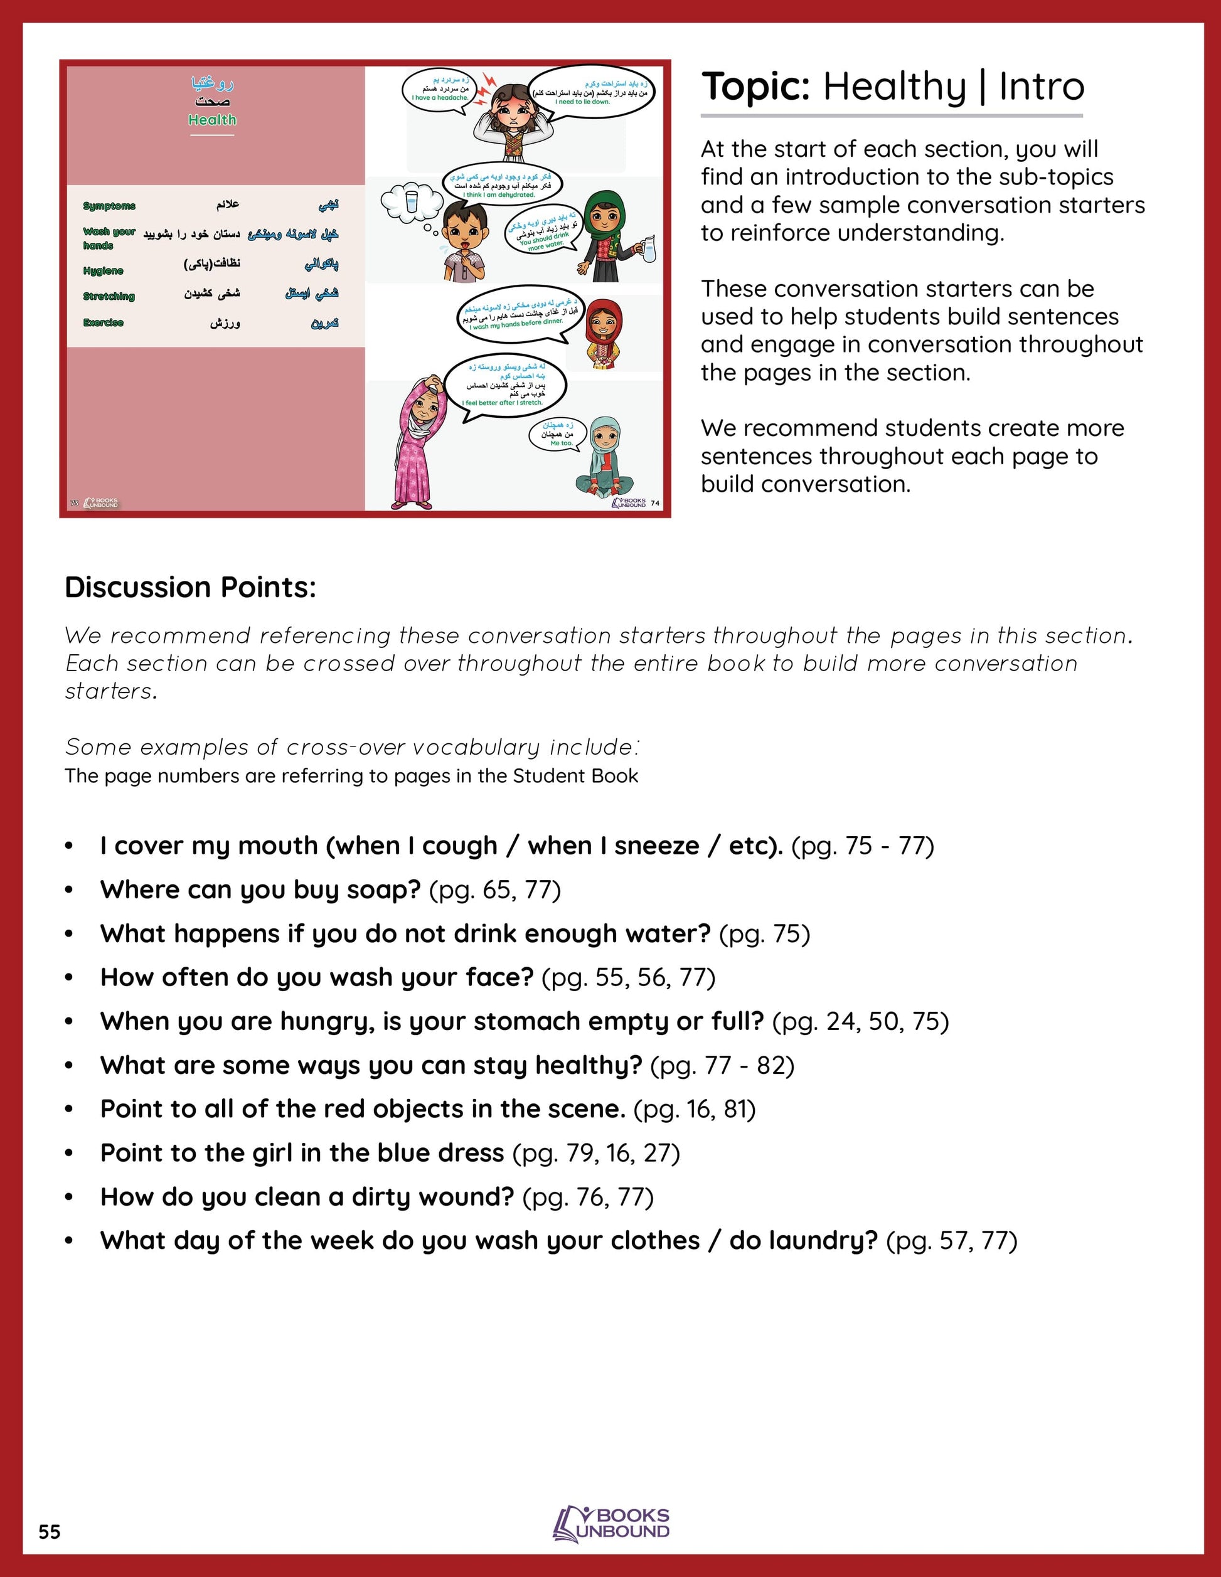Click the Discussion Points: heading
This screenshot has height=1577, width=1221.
tap(191, 587)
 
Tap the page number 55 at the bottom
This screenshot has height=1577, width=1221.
tap(49, 1531)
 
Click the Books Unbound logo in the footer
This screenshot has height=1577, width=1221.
tap(611, 1524)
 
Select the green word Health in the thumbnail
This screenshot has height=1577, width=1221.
tap(212, 120)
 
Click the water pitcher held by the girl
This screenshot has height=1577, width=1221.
tap(648, 248)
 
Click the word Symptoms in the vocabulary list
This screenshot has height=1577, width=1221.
tap(109, 206)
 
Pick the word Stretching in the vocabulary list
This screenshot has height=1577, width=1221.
tap(109, 296)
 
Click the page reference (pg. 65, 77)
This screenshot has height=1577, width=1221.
tap(494, 889)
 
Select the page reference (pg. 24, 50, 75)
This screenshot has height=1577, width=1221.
tap(860, 1021)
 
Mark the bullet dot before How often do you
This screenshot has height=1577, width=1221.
tap(69, 978)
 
